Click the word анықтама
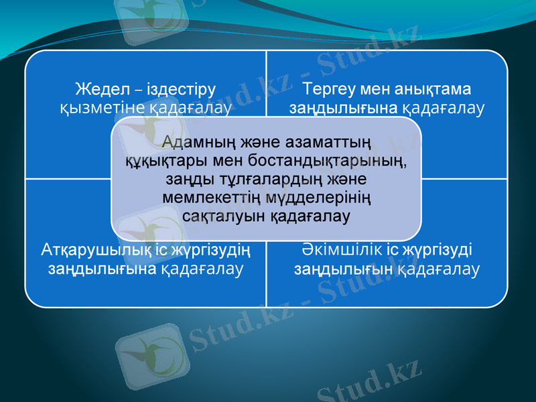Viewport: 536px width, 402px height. pos(439,88)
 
